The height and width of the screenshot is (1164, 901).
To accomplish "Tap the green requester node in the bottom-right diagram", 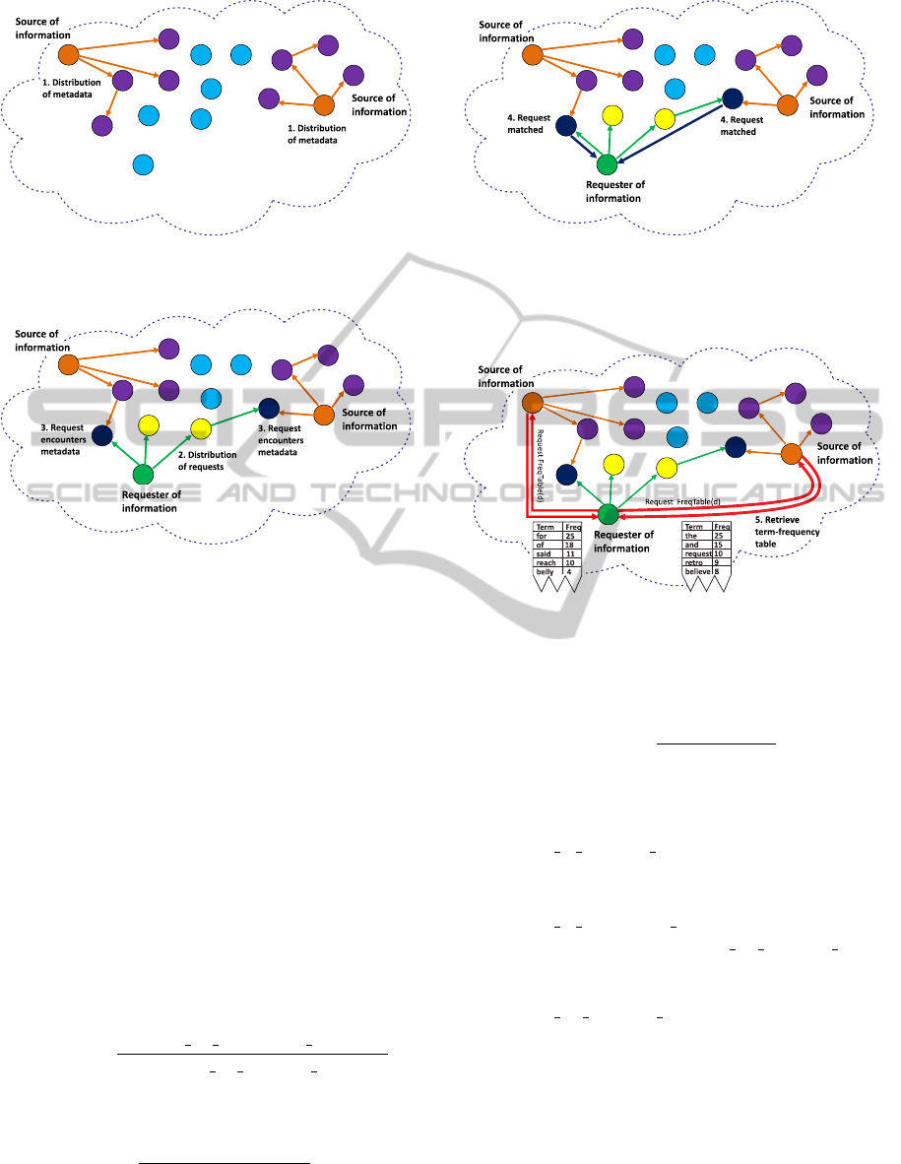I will tap(608, 514).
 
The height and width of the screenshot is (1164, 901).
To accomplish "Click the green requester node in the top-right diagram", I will tap(607, 164).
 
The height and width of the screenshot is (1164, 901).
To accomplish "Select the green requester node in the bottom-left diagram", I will tap(144, 475).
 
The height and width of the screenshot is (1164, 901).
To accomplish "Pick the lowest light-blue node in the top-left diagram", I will tap(143, 163).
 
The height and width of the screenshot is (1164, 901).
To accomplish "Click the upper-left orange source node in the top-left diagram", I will tap(68, 55).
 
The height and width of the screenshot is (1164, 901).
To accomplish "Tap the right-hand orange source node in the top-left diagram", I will tap(321, 107).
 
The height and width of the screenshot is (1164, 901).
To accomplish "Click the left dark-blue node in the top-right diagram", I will tap(565, 125).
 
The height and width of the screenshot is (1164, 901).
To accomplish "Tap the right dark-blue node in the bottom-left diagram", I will tap(267, 407).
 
